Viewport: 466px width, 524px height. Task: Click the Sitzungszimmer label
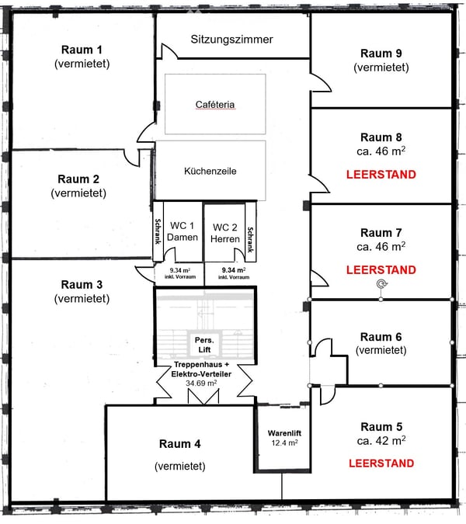[x=231, y=40]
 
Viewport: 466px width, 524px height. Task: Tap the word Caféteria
[x=215, y=105]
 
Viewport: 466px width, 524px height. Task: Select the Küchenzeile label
[x=210, y=171]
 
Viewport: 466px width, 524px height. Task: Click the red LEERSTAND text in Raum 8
[x=381, y=175]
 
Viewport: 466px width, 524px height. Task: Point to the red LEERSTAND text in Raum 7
[x=381, y=269]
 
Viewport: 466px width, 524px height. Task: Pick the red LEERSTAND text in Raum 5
[x=381, y=463]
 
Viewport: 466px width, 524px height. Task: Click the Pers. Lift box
[x=204, y=345]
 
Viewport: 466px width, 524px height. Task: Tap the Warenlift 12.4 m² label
[x=284, y=438]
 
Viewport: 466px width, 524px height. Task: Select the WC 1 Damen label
[x=183, y=231]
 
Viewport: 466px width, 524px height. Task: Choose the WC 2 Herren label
[x=225, y=233]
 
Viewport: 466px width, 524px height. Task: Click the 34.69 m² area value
[x=201, y=383]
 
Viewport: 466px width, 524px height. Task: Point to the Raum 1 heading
[x=82, y=50]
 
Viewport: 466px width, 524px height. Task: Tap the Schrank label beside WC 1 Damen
[x=158, y=231]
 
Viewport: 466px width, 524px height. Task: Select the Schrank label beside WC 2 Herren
[x=250, y=240]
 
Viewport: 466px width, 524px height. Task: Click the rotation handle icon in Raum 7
[x=381, y=284]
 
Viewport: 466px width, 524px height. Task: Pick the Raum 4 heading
[x=180, y=444]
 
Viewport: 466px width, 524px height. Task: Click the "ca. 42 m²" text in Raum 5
[x=381, y=440]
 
